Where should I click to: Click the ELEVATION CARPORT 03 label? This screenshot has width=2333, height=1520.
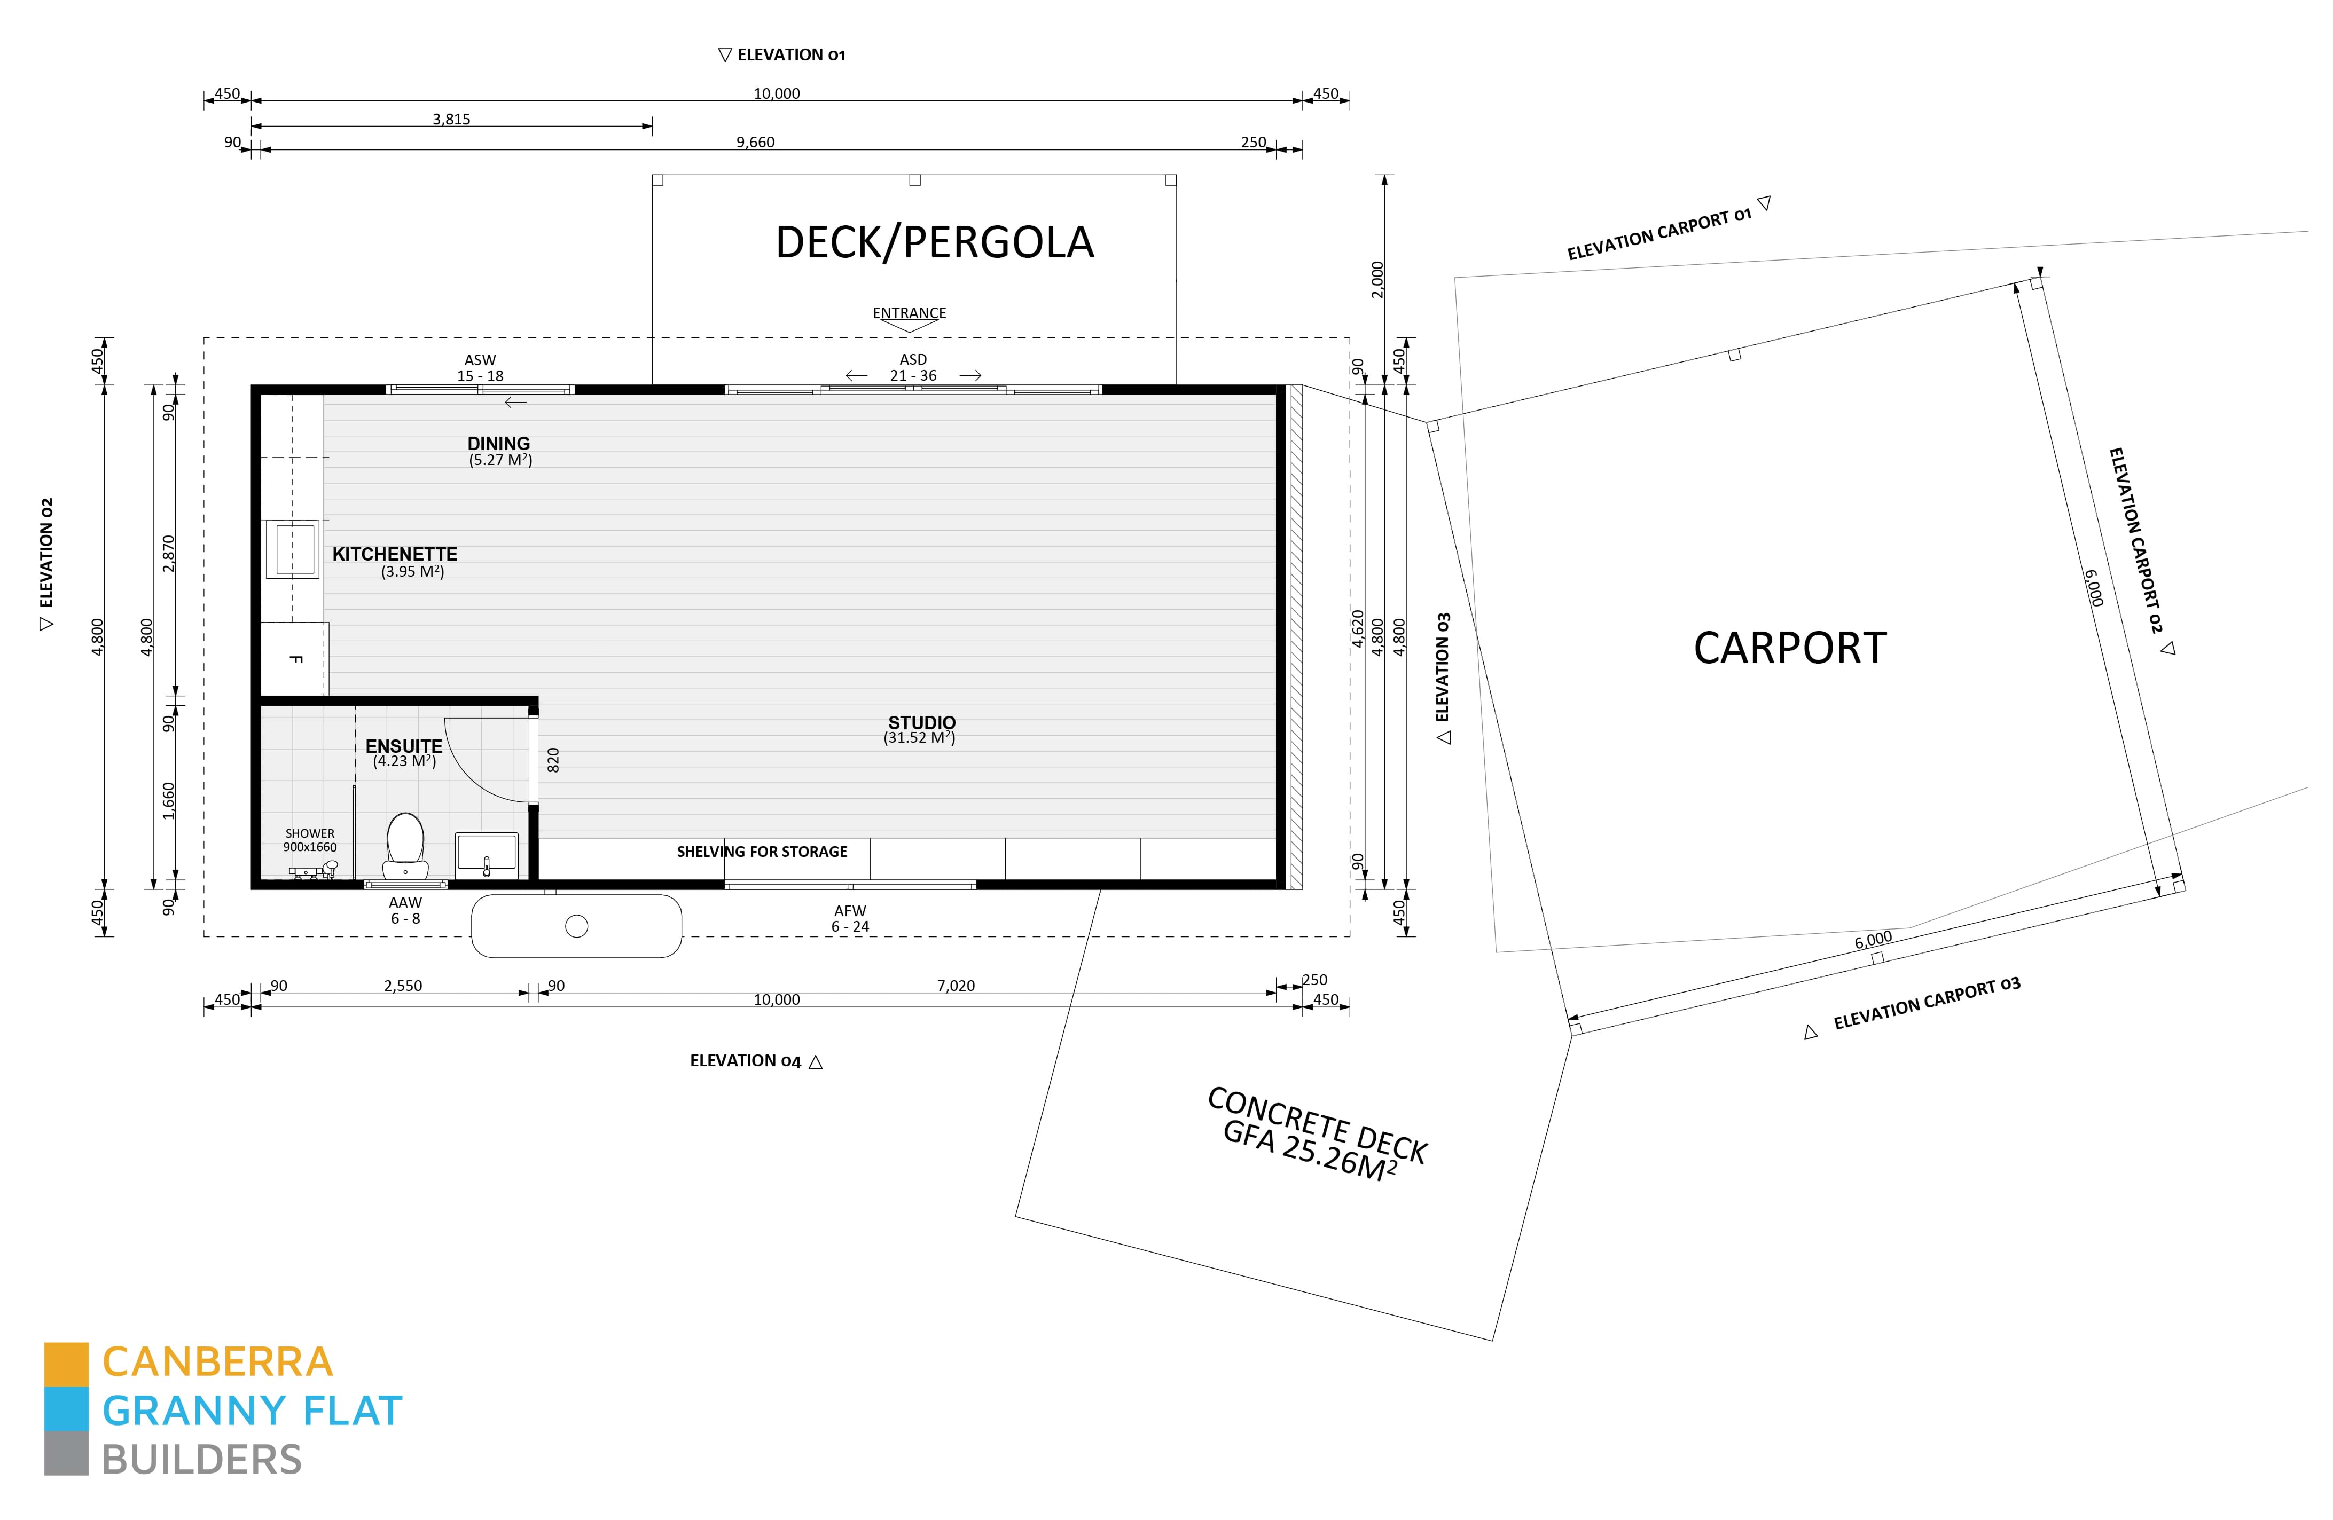pos(1925,1004)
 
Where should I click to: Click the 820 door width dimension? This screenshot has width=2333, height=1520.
pos(553,760)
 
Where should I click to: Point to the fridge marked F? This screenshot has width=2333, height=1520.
pos(294,659)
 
